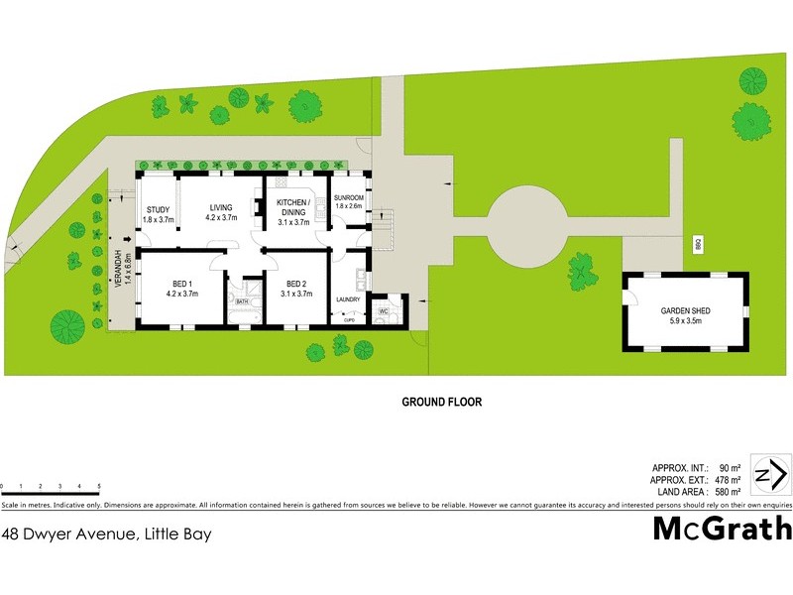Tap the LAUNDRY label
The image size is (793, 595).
[x=347, y=299]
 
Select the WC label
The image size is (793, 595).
[x=383, y=311]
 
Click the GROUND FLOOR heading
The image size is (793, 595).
[x=441, y=403]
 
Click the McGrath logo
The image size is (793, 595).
[x=722, y=529]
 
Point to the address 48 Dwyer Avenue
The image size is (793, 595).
[x=106, y=533]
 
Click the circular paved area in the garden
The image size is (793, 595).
[x=527, y=218]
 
